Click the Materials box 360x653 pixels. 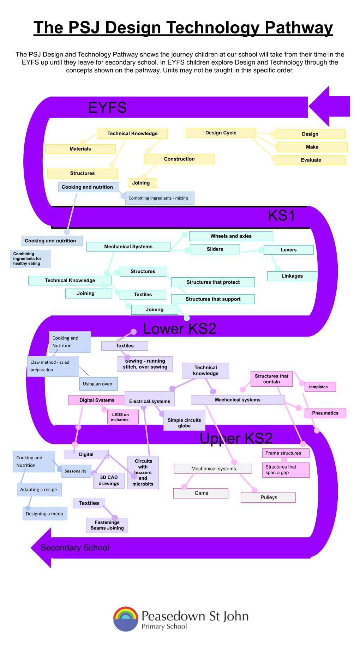tap(80, 149)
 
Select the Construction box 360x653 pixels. tap(179, 159)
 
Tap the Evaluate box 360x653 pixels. tap(311, 160)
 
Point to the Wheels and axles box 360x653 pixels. tap(231, 236)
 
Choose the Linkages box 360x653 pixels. tap(292, 276)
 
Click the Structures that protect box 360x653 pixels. tap(213, 282)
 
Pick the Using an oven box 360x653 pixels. tap(98, 384)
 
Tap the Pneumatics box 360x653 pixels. tap(325, 413)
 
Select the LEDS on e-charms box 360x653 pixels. tap(123, 417)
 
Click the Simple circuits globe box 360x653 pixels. tap(184, 420)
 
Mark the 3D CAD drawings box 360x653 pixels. tap(109, 480)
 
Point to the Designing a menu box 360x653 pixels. tap(45, 514)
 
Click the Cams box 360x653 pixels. tap(201, 493)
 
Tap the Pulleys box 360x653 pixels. tap(268, 497)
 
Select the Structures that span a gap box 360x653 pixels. tap(286, 470)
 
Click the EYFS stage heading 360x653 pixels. tap(107, 108)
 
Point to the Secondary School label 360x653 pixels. tap(75, 548)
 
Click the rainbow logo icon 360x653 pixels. tap(126, 619)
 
